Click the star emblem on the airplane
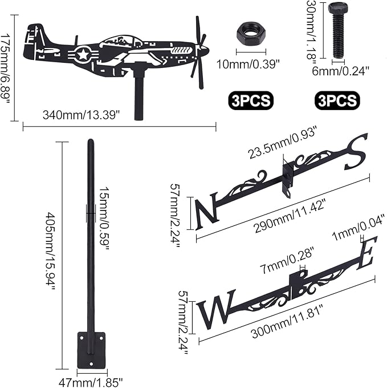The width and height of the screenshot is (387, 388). click(84, 55)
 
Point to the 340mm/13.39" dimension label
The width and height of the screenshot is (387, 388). click(81, 114)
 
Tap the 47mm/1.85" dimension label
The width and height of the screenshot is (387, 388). click(92, 379)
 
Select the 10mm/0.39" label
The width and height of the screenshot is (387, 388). click(250, 64)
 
